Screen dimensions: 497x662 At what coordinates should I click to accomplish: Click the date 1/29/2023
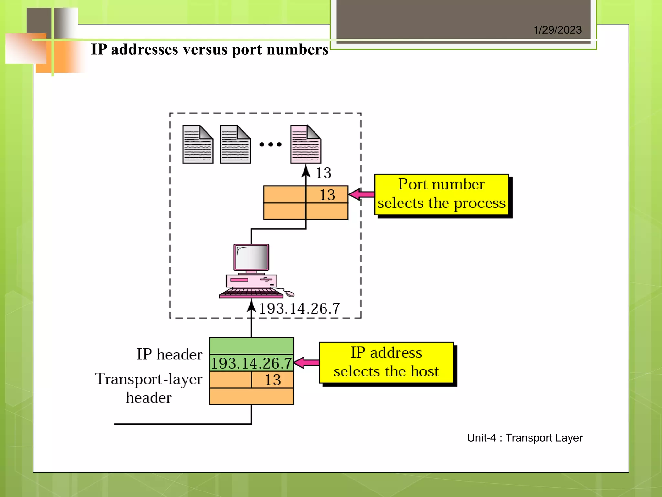click(557, 30)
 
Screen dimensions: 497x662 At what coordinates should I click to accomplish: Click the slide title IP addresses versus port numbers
click(209, 50)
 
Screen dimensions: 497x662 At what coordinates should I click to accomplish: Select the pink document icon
click(305, 145)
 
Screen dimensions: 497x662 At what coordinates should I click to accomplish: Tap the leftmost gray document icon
click(198, 145)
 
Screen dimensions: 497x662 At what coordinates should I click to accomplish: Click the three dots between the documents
click(270, 145)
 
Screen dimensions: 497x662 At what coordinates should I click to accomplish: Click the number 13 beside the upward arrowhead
click(324, 173)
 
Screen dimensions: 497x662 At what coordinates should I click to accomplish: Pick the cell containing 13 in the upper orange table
click(327, 194)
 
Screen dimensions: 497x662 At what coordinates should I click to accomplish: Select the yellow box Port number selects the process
click(441, 194)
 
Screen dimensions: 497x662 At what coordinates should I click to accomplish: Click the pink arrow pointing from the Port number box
click(361, 194)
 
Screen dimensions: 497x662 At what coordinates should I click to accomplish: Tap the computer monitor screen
click(251, 257)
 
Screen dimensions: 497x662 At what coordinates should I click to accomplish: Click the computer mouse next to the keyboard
click(290, 293)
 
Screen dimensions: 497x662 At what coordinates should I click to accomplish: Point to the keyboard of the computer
click(251, 293)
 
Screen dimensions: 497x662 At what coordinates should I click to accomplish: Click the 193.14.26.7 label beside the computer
click(299, 308)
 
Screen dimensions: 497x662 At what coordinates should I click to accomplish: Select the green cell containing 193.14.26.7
click(251, 363)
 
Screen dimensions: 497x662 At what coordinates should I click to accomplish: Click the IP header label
click(169, 354)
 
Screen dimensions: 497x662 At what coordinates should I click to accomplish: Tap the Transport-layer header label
click(148, 388)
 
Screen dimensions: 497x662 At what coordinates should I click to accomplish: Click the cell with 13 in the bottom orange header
click(272, 380)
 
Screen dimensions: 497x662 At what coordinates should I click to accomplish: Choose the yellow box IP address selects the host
click(386, 362)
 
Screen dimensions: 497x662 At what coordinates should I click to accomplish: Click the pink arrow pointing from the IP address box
click(306, 362)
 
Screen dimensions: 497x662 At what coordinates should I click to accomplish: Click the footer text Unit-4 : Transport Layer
click(525, 438)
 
